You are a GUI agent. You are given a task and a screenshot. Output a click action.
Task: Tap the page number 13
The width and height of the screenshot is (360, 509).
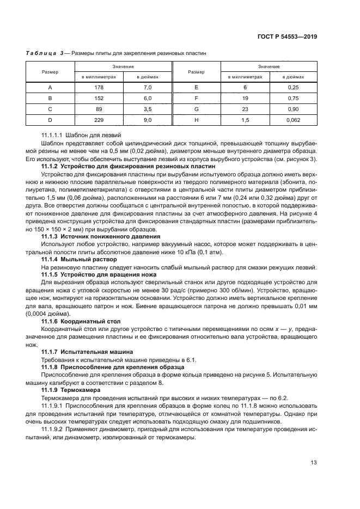coord(314,463)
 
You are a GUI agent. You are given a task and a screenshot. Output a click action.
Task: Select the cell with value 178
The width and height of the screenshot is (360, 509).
coord(98,87)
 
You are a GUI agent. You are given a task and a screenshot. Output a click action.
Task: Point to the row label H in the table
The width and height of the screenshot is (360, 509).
coord(196,120)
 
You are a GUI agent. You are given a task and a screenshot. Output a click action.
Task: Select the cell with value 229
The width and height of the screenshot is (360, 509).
coord(98,120)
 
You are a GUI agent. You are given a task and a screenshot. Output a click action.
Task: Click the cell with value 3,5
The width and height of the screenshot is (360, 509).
coord(147,109)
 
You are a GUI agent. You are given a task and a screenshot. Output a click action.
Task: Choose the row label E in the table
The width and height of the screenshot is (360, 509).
coord(196,87)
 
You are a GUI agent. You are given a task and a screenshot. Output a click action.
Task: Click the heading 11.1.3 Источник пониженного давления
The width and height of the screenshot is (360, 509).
coord(101,236)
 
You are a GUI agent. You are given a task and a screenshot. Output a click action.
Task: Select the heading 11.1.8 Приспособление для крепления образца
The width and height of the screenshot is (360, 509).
coord(113,367)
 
